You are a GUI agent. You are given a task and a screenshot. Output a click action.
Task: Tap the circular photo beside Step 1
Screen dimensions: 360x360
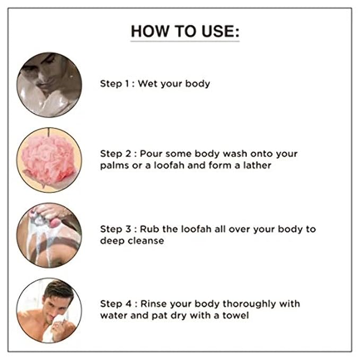pos(49,85)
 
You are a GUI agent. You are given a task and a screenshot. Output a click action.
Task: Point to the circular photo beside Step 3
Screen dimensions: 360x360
pos(49,235)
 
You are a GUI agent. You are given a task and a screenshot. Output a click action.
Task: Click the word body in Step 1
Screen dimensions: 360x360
pos(197,84)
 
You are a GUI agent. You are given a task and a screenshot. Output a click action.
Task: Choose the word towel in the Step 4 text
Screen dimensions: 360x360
pos(235,315)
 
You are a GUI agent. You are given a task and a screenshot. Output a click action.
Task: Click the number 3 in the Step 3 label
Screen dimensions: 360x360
pos(128,229)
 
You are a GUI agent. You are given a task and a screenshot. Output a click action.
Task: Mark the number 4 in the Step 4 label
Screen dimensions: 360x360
pos(128,304)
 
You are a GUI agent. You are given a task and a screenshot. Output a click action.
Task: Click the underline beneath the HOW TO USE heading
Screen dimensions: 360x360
pos(185,41)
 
